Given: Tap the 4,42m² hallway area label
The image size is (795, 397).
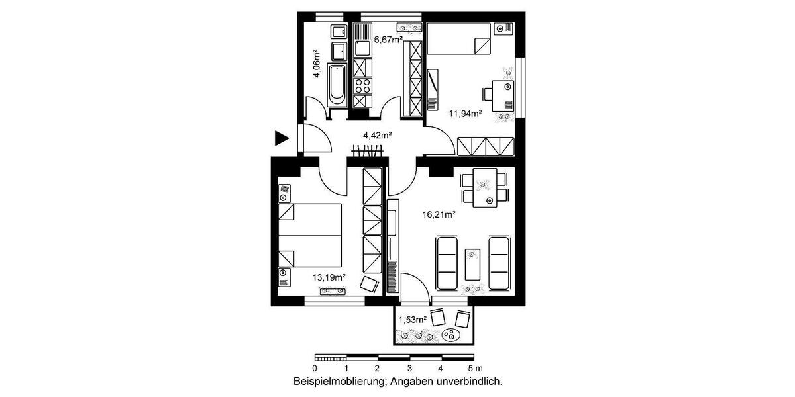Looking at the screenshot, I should pyautogui.click(x=377, y=136).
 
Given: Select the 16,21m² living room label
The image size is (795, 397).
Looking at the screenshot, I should pyautogui.click(x=439, y=214).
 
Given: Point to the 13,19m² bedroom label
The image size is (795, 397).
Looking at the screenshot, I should pyautogui.click(x=329, y=277).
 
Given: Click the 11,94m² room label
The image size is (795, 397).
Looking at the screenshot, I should pyautogui.click(x=464, y=113).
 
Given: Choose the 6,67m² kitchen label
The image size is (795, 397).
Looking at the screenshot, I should pyautogui.click(x=389, y=40).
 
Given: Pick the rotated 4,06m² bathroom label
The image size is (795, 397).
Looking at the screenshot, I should pyautogui.click(x=316, y=64).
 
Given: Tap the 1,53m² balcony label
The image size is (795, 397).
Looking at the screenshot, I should pyautogui.click(x=413, y=320).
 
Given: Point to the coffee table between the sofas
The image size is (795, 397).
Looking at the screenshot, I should pyautogui.click(x=472, y=263).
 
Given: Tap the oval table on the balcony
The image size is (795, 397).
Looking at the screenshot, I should pyautogui.click(x=452, y=335).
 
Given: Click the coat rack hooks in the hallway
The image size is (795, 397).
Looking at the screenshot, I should pyautogui.click(x=368, y=152).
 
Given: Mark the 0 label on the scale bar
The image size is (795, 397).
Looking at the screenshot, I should pyautogui.click(x=315, y=368).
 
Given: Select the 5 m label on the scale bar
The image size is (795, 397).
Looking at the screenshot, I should pyautogui.click(x=474, y=368).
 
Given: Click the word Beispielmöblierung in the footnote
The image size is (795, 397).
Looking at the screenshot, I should pyautogui.click(x=340, y=382).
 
